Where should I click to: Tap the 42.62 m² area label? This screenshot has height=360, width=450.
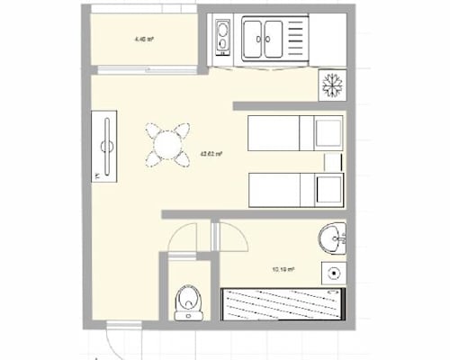[x=212, y=154]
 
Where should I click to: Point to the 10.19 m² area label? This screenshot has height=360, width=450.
[x=283, y=269]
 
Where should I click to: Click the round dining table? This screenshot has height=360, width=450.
[x=167, y=143]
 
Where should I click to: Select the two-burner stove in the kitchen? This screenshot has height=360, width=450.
[x=221, y=38]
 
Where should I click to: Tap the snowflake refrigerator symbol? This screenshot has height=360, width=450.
[x=332, y=85]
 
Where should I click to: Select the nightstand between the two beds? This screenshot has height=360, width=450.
[x=333, y=162]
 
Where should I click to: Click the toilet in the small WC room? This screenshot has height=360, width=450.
[x=187, y=301]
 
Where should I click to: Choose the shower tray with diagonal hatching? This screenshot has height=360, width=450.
[x=281, y=303]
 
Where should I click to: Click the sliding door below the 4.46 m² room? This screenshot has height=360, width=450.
[x=145, y=70]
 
